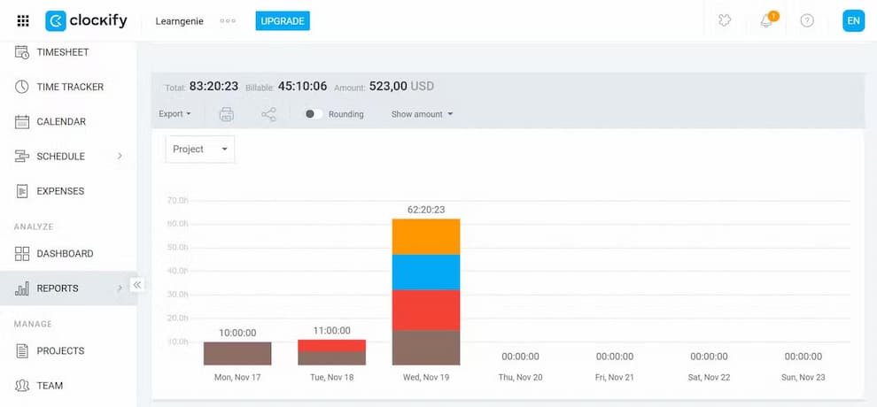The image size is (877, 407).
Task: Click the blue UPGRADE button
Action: pyautogui.click(x=283, y=20)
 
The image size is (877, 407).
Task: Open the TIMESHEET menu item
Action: pyautogui.click(x=62, y=52)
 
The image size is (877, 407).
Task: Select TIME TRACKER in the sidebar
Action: pyautogui.click(x=69, y=87)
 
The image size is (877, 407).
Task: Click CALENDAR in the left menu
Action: pyautogui.click(x=60, y=121)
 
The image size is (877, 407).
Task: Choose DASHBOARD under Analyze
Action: pyautogui.click(x=64, y=254)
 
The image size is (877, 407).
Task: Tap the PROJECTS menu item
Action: pyautogui.click(x=60, y=351)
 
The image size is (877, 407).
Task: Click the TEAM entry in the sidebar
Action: pyautogui.click(x=50, y=386)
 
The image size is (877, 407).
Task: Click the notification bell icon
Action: pyautogui.click(x=766, y=20)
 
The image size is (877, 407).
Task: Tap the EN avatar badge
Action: pyautogui.click(x=853, y=20)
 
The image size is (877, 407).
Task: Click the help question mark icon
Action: pyautogui.click(x=807, y=20)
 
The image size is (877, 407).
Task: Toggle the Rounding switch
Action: pyautogui.click(x=314, y=114)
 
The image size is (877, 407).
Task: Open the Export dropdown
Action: pyautogui.click(x=175, y=114)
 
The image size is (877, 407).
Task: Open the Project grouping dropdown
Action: pyautogui.click(x=200, y=150)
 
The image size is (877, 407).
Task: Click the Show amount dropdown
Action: pyautogui.click(x=422, y=114)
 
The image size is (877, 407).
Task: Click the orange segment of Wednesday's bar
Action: pyautogui.click(x=425, y=236)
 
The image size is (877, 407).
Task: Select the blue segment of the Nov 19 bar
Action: pyautogui.click(x=425, y=273)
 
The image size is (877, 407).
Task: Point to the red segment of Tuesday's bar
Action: pyautogui.click(x=331, y=345)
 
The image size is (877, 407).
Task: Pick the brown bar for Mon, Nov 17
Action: pyautogui.click(x=237, y=353)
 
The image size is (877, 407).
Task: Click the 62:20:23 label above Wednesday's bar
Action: pyautogui.click(x=425, y=210)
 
